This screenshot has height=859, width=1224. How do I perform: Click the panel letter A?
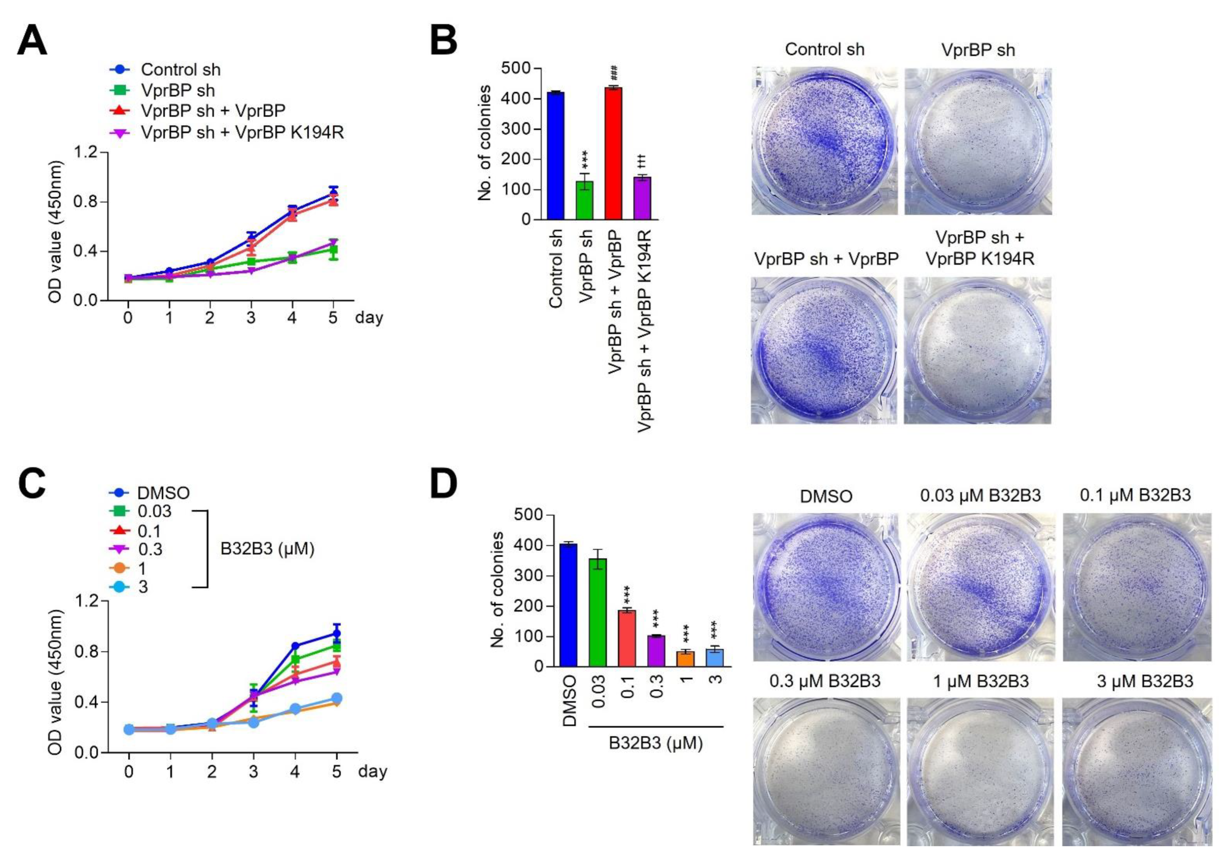32,42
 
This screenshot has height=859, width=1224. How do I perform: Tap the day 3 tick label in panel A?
251,319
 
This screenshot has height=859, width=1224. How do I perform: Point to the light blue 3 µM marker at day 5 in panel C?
336,698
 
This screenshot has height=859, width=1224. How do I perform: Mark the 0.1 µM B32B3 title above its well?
1134,495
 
